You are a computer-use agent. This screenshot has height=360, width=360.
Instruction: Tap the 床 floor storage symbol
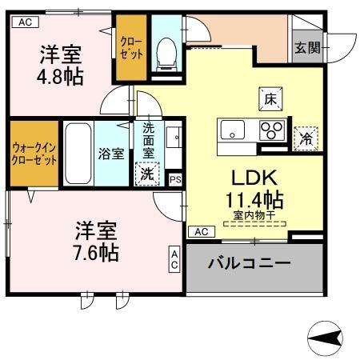pyautogui.click(x=270, y=100)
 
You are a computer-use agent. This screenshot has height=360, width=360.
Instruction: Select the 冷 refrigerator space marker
pyautogui.click(x=305, y=138)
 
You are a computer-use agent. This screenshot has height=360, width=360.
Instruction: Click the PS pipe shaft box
pyautogui.click(x=175, y=180)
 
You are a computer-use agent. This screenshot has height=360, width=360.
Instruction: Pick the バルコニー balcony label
pyautogui.click(x=249, y=263)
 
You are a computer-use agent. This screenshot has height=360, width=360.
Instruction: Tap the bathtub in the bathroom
pyautogui.click(x=78, y=154)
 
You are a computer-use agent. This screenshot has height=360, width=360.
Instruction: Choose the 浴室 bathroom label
pyautogui.click(x=110, y=154)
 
